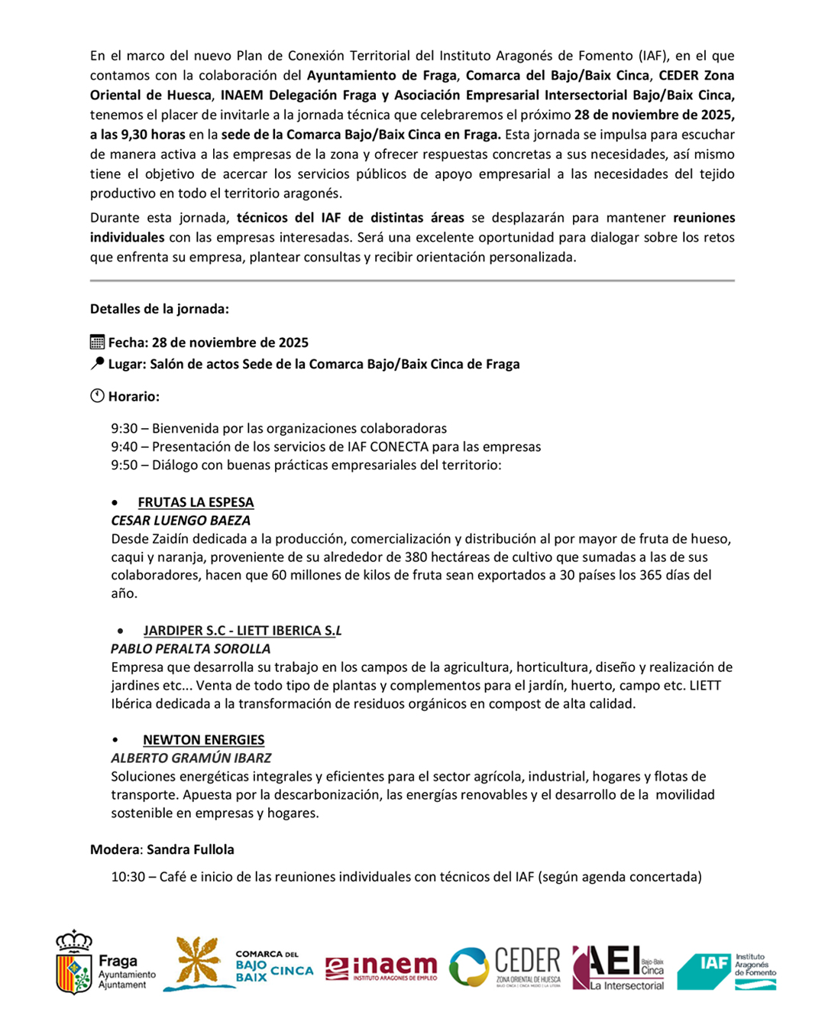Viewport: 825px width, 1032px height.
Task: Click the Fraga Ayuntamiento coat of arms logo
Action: click(x=74, y=962)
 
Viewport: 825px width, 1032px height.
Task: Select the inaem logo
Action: click(x=381, y=968)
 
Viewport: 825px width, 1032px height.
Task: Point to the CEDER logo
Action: click(x=505, y=966)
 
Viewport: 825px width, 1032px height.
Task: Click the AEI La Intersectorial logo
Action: click(x=618, y=966)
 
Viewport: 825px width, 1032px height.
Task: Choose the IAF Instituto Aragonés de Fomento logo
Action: click(x=726, y=970)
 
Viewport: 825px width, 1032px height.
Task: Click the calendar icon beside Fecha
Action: click(x=97, y=342)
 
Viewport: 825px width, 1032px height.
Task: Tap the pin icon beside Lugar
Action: click(x=97, y=364)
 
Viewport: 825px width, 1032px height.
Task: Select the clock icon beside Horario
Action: click(x=97, y=396)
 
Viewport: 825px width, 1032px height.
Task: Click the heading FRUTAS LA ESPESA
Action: click(x=196, y=502)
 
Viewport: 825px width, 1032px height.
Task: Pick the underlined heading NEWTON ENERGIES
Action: click(x=203, y=740)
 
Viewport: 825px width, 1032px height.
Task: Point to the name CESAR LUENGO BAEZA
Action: click(x=180, y=521)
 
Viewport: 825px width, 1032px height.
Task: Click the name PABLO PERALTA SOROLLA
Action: click(x=190, y=649)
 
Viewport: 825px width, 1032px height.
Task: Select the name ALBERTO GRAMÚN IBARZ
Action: click(x=191, y=758)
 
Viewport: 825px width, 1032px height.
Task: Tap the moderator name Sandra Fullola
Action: click(x=190, y=849)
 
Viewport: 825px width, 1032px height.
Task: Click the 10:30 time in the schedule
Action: click(x=128, y=877)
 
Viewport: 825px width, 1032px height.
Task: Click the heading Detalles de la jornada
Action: click(x=159, y=309)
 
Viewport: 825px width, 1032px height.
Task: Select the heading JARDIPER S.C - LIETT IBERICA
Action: click(x=242, y=631)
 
